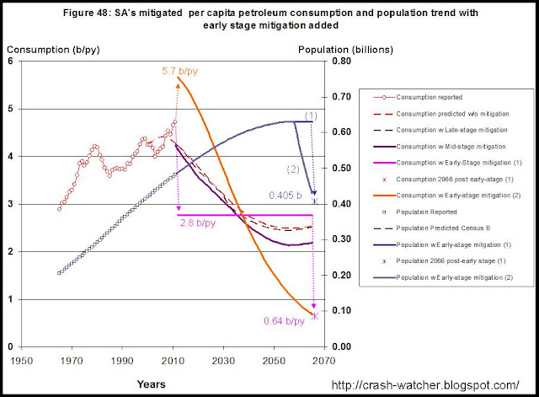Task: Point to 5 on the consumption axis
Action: point(8,110)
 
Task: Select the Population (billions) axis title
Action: point(335,49)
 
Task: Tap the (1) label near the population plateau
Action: point(311,115)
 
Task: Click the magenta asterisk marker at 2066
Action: point(314,315)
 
